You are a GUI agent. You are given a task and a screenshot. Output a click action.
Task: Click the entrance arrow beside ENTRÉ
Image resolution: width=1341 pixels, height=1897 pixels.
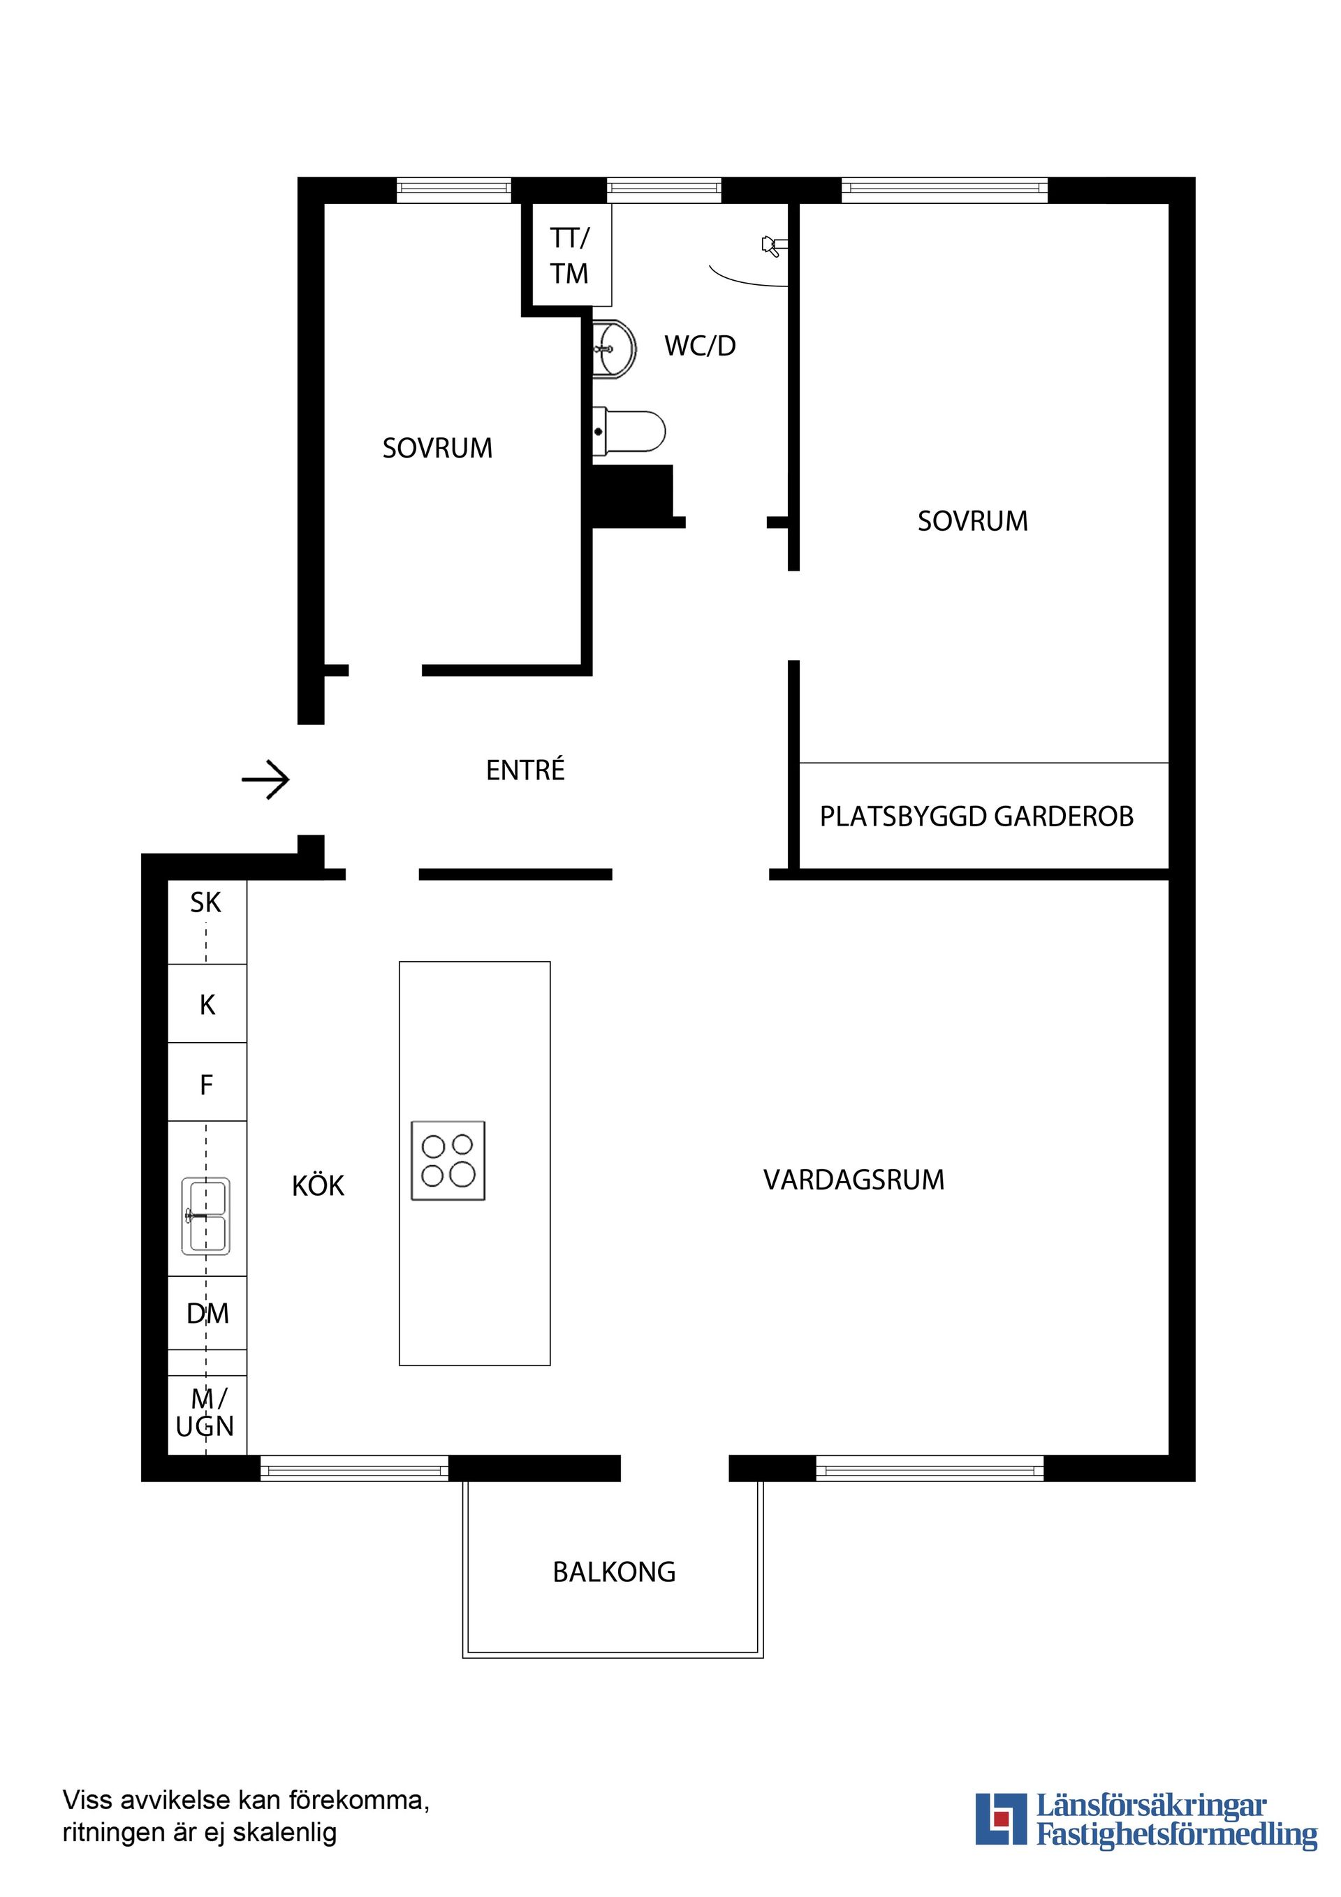point(265,779)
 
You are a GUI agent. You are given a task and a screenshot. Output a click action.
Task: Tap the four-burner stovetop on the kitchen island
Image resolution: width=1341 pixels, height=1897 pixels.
point(448,1160)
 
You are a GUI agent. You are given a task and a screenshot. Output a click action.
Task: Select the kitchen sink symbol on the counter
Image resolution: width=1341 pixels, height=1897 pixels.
point(206,1215)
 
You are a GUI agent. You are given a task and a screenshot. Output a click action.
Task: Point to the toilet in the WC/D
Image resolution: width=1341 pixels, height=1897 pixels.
point(629,431)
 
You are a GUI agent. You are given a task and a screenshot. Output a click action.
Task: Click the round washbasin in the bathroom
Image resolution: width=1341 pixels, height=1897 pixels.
point(614,349)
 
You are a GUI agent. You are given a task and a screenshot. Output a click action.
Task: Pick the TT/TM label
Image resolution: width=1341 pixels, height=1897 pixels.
point(569,256)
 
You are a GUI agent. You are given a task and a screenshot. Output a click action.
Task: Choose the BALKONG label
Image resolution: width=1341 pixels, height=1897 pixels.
point(614,1572)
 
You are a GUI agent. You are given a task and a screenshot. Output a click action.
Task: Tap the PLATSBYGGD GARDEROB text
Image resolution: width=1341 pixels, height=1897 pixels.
point(976,816)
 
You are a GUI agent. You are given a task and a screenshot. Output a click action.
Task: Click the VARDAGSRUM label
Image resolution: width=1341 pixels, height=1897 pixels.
point(853,1180)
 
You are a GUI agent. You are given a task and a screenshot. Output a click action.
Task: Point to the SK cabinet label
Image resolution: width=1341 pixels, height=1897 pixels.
point(206,902)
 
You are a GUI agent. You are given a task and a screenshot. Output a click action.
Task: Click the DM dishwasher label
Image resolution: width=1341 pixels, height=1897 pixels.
point(207,1313)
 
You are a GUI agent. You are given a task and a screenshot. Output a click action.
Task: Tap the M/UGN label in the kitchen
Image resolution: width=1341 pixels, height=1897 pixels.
point(206,1413)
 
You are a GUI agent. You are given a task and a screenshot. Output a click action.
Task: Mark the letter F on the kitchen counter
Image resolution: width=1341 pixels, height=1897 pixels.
point(207,1084)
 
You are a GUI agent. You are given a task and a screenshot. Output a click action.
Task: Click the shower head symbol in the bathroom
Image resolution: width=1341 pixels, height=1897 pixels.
point(773,245)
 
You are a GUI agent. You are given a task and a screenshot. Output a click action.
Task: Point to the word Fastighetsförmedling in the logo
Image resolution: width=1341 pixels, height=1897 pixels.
point(1177,1857)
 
